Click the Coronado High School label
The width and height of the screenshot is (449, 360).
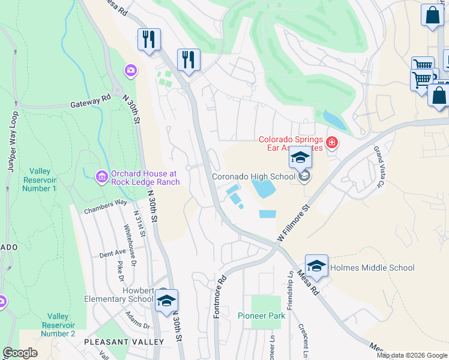(254, 176)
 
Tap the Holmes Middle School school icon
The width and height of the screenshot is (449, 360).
(316, 265)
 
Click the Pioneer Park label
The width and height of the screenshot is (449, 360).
(261, 316)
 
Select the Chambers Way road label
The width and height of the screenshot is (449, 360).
(106, 206)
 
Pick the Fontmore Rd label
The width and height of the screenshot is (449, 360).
(220, 296)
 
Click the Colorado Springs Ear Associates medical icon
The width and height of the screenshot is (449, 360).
(331, 143)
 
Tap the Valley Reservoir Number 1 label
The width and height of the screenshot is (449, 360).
(40, 179)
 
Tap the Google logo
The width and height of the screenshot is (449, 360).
(20, 353)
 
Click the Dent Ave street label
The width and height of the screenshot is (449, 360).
(112, 253)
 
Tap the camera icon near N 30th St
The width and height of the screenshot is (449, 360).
(130, 71)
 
